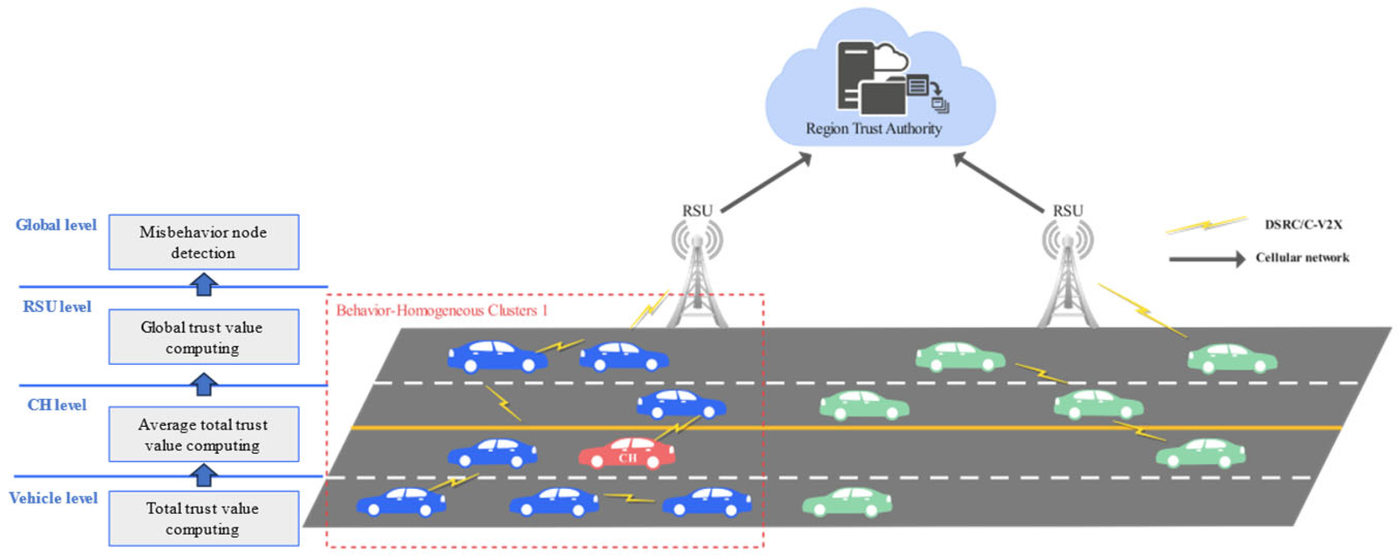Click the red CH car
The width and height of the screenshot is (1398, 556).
coord(627,453)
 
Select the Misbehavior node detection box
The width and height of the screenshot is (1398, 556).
coord(203,242)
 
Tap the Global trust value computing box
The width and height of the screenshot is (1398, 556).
coord(203,337)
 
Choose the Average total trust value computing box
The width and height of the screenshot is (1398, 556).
coord(203,434)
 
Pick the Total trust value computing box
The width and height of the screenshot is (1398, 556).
coord(203,518)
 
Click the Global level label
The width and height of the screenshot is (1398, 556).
coord(56,225)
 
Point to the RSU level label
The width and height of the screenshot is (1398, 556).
coord(57,307)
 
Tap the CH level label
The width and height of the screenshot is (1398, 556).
coord(57,405)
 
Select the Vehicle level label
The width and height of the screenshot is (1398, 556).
coord(53,498)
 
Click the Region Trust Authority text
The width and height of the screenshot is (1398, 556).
coord(873,129)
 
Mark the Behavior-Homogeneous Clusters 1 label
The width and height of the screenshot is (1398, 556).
coord(442,310)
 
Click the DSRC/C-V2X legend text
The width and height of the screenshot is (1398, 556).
coord(1303,224)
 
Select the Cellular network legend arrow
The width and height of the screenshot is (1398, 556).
coord(1207,258)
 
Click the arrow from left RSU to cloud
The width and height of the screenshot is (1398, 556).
coord(766,183)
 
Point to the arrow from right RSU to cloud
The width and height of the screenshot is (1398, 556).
coord(998,183)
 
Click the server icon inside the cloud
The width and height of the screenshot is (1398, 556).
coord(857,74)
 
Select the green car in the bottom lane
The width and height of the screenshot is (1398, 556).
coord(846,502)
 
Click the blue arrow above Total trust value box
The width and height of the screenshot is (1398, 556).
coord(204,475)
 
